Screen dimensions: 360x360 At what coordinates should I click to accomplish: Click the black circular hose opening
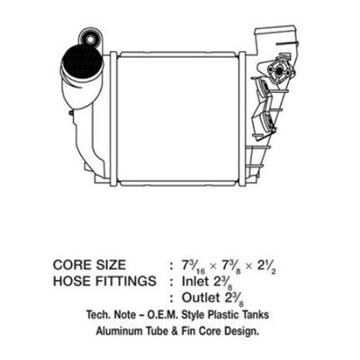(82, 62)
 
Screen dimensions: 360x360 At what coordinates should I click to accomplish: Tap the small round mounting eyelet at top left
(90, 39)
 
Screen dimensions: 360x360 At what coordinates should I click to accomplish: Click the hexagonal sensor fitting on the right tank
(279, 71)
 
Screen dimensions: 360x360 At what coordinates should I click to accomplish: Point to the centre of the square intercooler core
(178, 119)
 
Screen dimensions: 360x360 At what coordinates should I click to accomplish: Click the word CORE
(72, 265)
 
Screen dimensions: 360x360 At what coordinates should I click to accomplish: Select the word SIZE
(111, 265)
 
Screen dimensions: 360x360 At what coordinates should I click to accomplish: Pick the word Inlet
(195, 281)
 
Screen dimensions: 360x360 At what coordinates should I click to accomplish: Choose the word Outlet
(201, 298)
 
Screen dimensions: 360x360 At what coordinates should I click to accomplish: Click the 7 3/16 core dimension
(193, 266)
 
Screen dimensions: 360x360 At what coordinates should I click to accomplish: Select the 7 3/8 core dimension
(229, 266)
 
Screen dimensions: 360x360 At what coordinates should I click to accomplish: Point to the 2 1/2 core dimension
(265, 266)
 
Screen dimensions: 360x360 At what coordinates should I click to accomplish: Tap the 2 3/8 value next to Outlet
(234, 299)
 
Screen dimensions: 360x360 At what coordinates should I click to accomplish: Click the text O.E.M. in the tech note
(163, 315)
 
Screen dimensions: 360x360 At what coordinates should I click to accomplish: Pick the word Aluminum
(119, 331)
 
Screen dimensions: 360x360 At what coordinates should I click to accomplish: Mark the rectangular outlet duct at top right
(276, 38)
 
